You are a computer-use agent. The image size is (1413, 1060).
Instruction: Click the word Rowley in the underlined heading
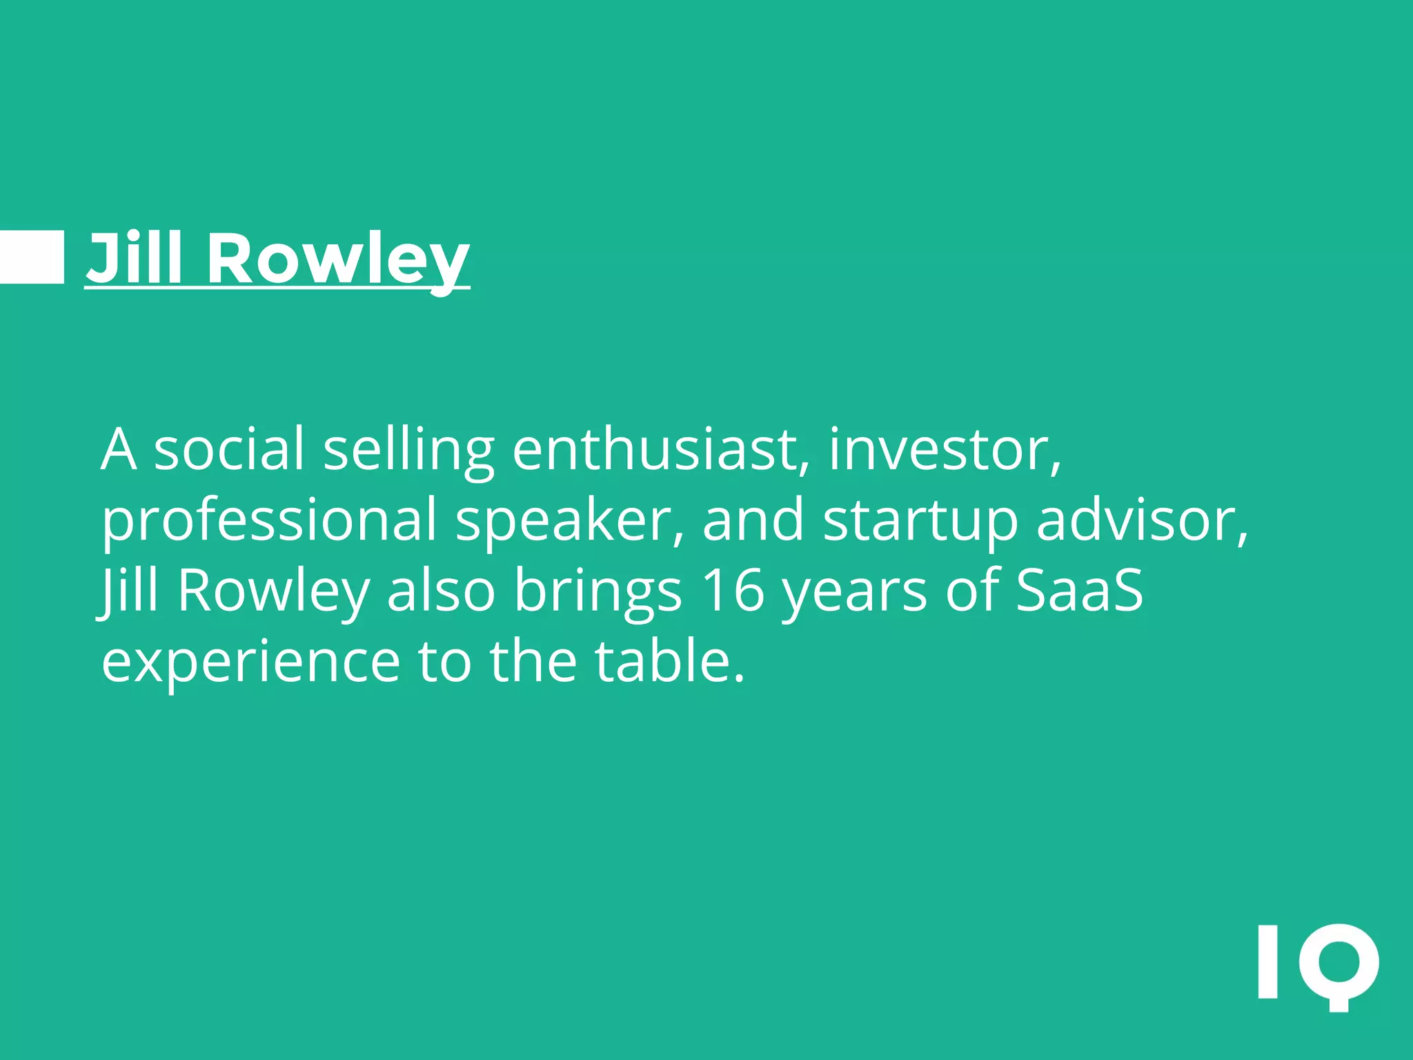pyautogui.click(x=338, y=259)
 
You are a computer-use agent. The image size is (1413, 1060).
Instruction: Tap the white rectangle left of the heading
pyautogui.click(x=31, y=257)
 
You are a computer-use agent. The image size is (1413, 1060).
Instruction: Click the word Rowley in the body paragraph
pyautogui.click(x=273, y=592)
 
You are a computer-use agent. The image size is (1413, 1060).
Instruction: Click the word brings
pyautogui.click(x=597, y=592)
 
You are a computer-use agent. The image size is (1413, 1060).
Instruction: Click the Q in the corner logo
pyautogui.click(x=1338, y=965)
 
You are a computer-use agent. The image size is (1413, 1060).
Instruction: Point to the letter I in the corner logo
pyautogui.click(x=1267, y=962)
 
